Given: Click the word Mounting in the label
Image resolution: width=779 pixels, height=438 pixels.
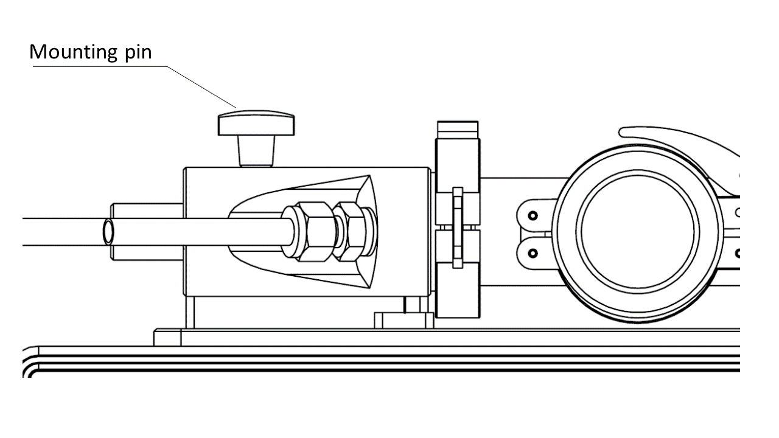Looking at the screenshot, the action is pyautogui.click(x=74, y=52).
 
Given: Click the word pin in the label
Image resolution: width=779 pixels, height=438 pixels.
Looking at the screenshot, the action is pyautogui.click(x=138, y=52).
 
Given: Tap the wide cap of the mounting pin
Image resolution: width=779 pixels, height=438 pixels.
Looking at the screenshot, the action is pyautogui.click(x=256, y=123).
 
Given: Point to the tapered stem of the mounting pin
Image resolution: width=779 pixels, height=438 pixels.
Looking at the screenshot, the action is pyautogui.click(x=256, y=151).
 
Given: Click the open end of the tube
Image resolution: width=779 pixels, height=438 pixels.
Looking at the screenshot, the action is pyautogui.click(x=108, y=232).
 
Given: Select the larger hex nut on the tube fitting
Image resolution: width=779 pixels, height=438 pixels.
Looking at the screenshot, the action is pyautogui.click(x=316, y=232).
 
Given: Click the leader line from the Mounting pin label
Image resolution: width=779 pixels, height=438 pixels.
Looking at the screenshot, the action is pyautogui.click(x=134, y=87).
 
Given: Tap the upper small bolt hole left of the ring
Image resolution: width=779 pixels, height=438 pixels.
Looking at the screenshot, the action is pyautogui.click(x=533, y=216).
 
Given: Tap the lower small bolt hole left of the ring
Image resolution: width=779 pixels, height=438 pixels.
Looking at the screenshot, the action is pyautogui.click(x=533, y=254).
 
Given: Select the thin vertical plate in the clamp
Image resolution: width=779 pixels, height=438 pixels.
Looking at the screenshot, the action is pyautogui.click(x=458, y=228).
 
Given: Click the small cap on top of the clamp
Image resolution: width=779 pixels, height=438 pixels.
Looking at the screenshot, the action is pyautogui.click(x=458, y=130).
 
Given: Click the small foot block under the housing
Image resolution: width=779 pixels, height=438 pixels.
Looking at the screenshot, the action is pyautogui.click(x=404, y=320).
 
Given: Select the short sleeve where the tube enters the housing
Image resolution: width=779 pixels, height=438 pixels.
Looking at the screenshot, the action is pyautogui.click(x=147, y=232).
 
